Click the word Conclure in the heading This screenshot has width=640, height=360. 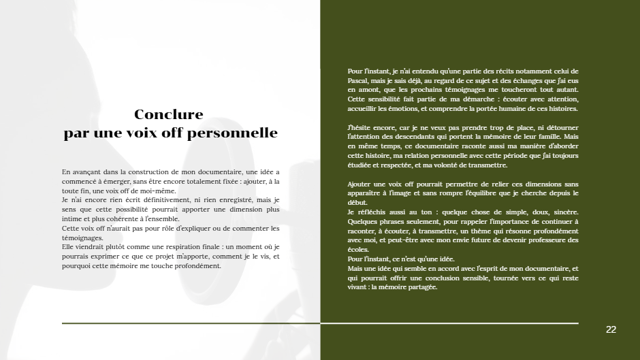168,114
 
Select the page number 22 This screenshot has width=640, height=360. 611,329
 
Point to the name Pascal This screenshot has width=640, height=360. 358,80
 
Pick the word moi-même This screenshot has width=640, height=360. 157,191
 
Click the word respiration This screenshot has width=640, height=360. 157,247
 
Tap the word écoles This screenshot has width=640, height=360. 358,250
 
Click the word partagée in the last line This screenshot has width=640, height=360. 421,287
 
